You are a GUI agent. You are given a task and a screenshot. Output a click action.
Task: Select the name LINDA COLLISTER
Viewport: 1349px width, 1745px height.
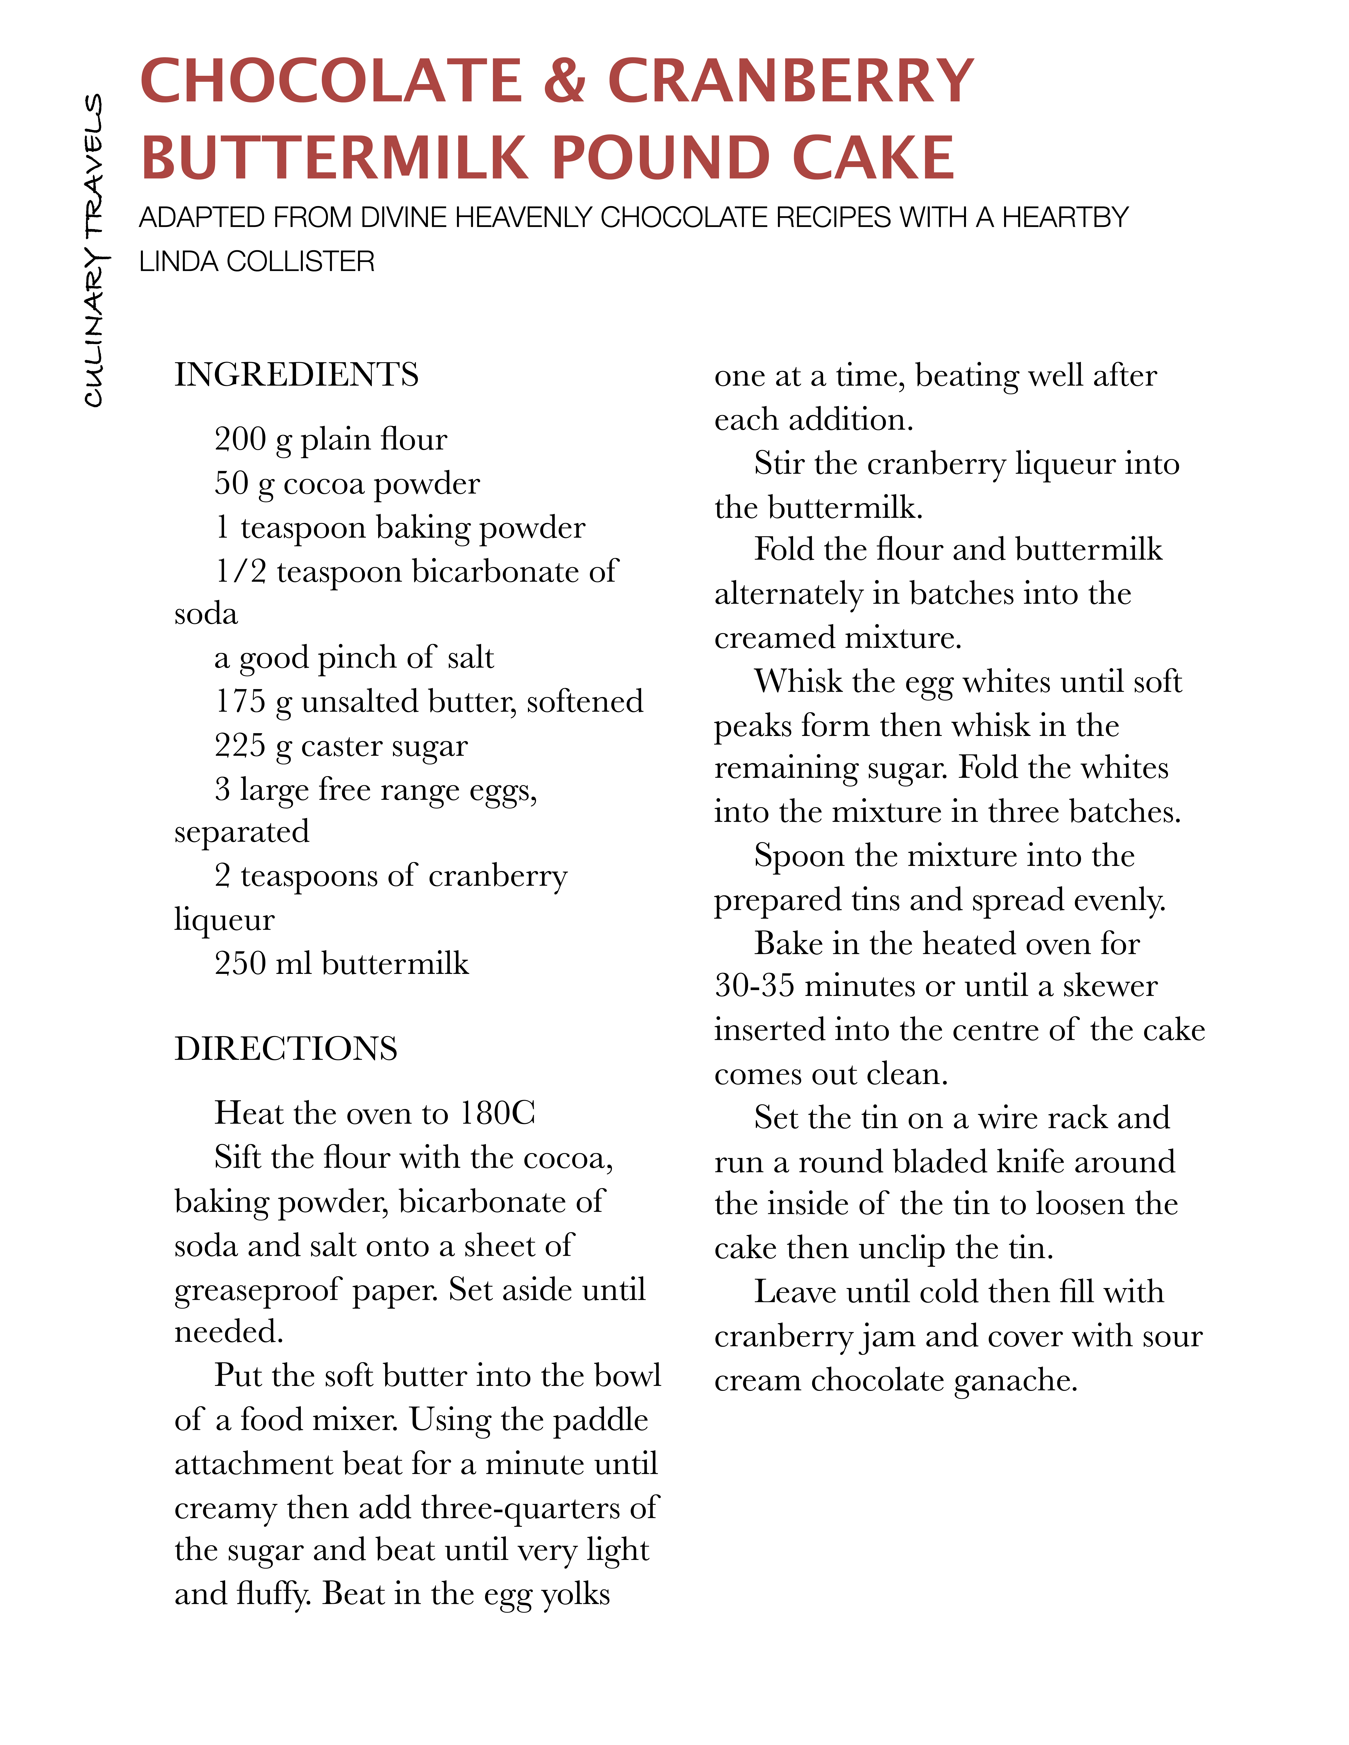click(x=257, y=261)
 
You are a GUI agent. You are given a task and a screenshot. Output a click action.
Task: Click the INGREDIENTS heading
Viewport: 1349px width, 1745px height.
click(x=297, y=374)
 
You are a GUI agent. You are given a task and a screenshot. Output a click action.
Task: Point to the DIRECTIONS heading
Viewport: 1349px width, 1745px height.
click(x=285, y=1048)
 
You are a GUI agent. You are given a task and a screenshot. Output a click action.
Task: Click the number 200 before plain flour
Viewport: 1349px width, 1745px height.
click(x=240, y=439)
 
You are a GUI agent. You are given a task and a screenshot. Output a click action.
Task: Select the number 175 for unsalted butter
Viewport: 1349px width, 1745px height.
click(x=240, y=701)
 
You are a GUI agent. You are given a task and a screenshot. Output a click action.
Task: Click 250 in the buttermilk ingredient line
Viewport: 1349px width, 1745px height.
click(x=240, y=963)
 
